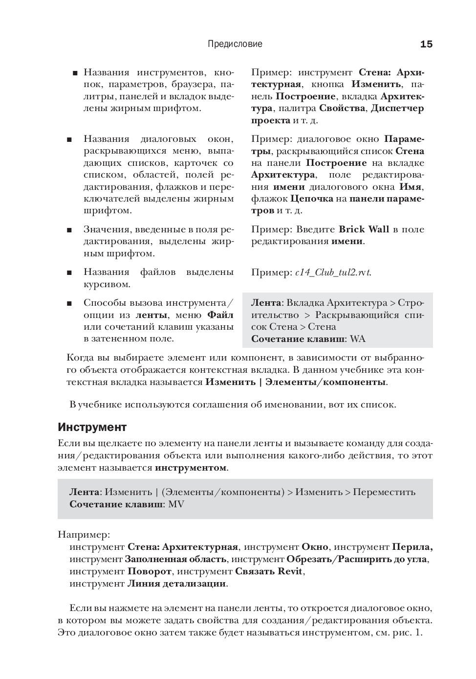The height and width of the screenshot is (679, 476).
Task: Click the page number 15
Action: (426, 45)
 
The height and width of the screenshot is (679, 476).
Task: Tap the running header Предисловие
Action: (235, 44)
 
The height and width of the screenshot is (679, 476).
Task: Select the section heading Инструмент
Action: (92, 427)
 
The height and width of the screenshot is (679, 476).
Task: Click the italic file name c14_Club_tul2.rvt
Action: (333, 273)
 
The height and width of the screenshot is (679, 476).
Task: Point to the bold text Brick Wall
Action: (364, 229)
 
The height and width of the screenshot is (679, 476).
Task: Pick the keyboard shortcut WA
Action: (358, 339)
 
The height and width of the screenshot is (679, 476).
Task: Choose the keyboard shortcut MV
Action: (176, 504)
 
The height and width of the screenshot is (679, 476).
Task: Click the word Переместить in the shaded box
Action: (384, 492)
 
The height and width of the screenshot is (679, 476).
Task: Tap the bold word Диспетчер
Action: (397, 108)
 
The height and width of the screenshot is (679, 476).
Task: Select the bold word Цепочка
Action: (312, 199)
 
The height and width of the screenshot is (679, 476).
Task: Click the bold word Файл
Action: (220, 315)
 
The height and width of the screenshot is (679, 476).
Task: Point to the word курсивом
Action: (107, 284)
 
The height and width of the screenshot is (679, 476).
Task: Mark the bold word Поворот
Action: (150, 571)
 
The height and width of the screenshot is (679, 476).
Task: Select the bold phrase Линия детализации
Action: (177, 584)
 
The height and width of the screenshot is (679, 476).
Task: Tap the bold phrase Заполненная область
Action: (175, 559)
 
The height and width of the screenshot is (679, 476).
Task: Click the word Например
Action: (83, 534)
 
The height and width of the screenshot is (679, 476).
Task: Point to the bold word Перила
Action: (412, 547)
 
